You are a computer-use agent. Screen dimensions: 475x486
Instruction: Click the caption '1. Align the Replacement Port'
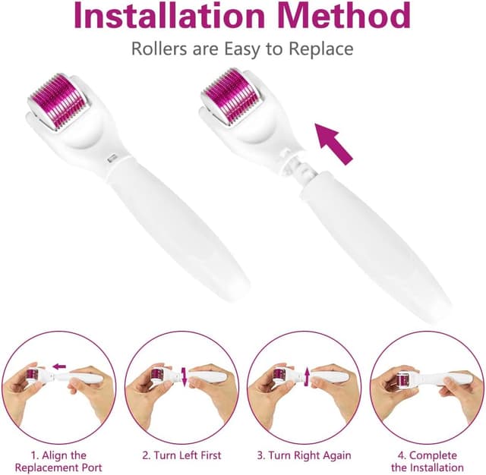click(x=58, y=461)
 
